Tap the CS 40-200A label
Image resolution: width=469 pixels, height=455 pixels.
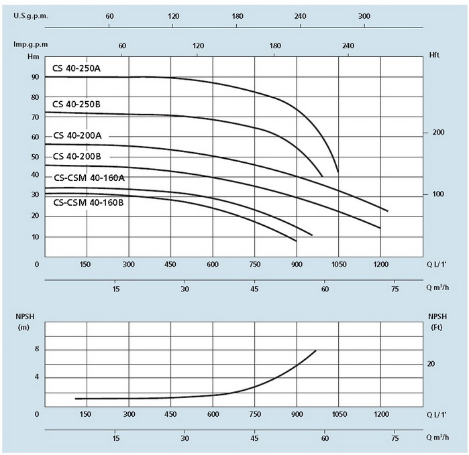pos(77,135)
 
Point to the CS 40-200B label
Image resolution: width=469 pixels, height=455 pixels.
pos(77,156)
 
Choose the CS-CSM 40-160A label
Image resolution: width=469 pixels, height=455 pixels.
pos(89,178)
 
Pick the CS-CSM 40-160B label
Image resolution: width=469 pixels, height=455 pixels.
pos(89,202)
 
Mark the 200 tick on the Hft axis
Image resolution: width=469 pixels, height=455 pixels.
pos(439,133)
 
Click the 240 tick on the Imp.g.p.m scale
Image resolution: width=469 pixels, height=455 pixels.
pos(348,45)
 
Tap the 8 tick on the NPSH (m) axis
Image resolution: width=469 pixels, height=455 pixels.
pos(37,349)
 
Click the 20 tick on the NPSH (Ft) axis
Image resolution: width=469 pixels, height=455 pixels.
pos(431,363)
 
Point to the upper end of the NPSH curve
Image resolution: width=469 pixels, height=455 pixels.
pos(315,350)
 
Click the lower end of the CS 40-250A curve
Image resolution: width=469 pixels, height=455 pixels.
pos(337,172)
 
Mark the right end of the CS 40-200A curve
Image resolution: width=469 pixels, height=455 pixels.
pos(388,211)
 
